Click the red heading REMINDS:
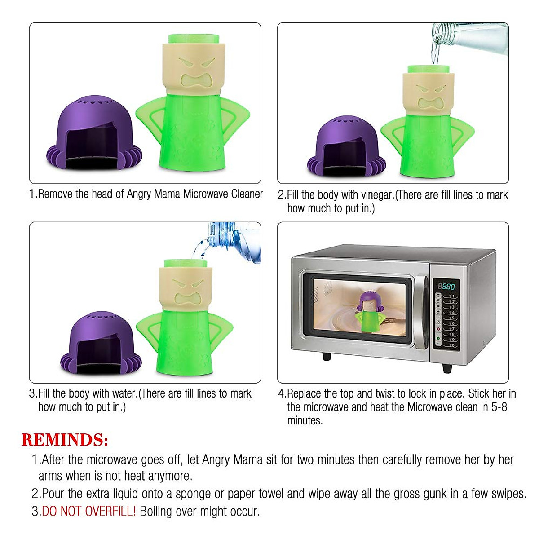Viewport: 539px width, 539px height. click(65, 440)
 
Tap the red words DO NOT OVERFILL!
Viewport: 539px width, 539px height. click(88, 511)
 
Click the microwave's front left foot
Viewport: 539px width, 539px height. click(327, 357)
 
